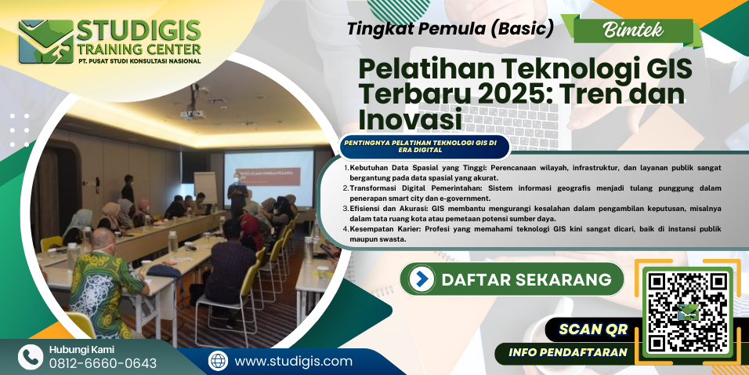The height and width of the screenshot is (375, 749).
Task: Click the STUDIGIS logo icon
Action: pos(46,41)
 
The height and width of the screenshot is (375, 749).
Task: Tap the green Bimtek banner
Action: pos(633,31)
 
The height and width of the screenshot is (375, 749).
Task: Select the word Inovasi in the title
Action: pos(411,119)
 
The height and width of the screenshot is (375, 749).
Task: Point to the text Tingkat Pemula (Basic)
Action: pos(450,30)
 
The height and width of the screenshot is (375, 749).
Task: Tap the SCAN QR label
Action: pos(593,329)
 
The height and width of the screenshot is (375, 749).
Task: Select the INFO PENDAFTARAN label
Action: pos(567,352)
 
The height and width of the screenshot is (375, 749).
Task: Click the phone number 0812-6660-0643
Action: pos(103,363)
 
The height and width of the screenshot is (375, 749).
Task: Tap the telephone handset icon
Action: pos(30,357)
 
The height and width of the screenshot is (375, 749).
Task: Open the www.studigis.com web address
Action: pos(293,361)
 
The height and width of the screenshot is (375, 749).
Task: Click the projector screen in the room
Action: pos(270,177)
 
